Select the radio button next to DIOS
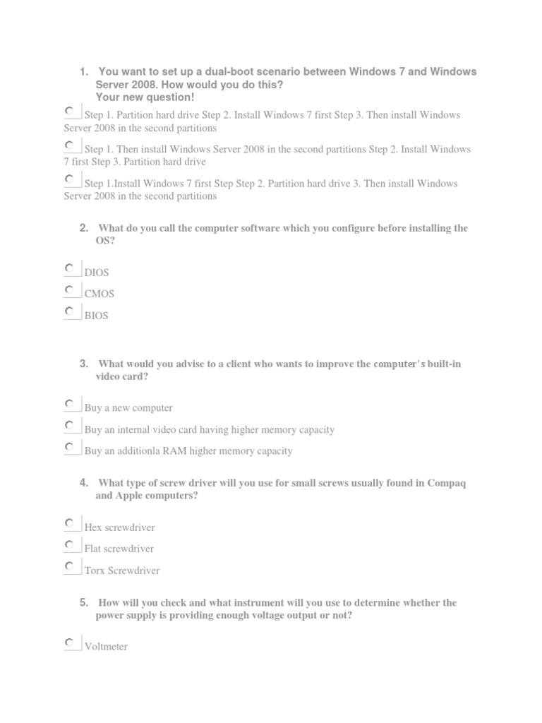click(x=69, y=269)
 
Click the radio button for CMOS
click(x=69, y=290)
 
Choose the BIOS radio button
click(x=69, y=311)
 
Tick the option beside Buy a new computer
click(x=69, y=404)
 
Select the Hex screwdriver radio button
click(x=69, y=523)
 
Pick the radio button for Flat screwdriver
click(x=69, y=544)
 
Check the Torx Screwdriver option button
click(x=69, y=566)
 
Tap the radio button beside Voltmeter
click(x=69, y=643)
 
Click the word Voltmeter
click(x=106, y=646)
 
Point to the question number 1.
click(x=83, y=72)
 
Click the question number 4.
click(x=83, y=483)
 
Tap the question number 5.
click(x=83, y=602)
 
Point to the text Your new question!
click(x=145, y=97)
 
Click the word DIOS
click(x=97, y=273)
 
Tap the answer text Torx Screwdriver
click(x=121, y=570)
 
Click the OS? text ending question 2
click(x=105, y=241)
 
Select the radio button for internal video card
click(x=69, y=425)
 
